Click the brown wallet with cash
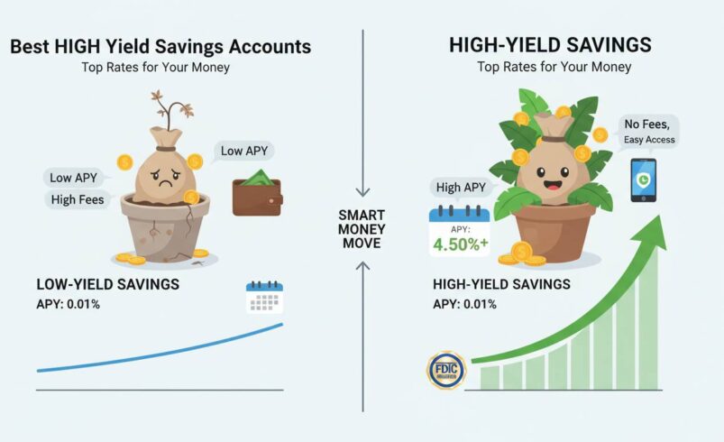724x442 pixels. [256, 192]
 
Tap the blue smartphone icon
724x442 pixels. [643, 180]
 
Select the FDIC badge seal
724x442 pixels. [446, 371]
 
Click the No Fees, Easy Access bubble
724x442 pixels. [648, 133]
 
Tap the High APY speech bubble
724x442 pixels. [461, 188]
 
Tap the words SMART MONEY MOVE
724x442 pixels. [362, 229]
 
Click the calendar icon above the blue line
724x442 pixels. [265, 298]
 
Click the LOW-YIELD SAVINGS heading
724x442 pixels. [107, 285]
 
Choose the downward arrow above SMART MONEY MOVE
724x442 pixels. [362, 189]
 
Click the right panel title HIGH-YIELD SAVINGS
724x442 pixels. [550, 44]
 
